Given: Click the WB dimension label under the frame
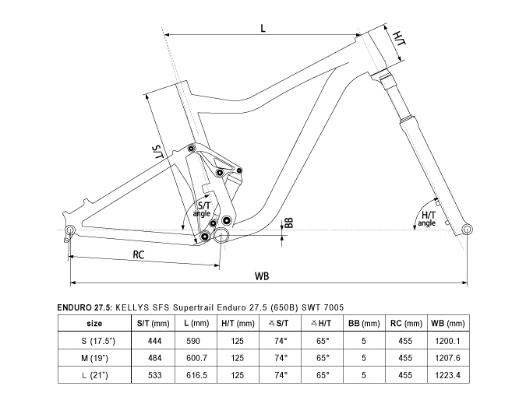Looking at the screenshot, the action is [x=262, y=275].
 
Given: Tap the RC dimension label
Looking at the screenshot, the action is [x=139, y=254].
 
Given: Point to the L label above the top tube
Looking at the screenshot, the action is [x=263, y=28].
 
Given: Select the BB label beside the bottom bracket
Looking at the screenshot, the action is [x=289, y=223].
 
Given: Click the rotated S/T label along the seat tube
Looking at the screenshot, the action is [x=158, y=152].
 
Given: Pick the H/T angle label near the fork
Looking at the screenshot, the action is [x=426, y=219].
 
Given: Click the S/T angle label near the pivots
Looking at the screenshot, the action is [x=202, y=209].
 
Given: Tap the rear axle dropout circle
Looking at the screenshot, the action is [x=70, y=230].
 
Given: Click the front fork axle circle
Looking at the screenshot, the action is [x=467, y=230].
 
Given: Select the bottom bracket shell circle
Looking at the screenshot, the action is [x=221, y=235].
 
